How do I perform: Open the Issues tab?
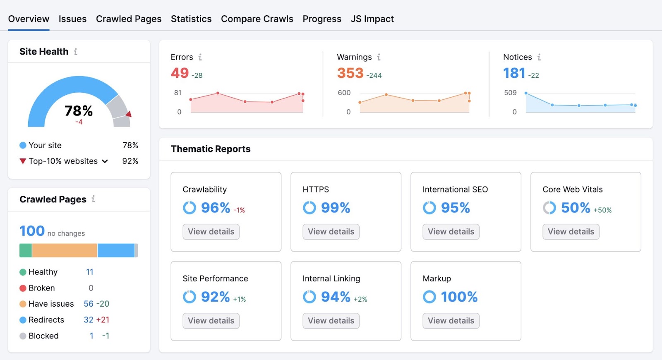72,19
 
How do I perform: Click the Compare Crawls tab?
257,19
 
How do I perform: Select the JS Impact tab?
372,19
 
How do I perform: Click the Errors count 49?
180,73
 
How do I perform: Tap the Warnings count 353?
350,73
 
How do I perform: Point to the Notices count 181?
514,73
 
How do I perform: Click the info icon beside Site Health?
76,52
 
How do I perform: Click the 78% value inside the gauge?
79,111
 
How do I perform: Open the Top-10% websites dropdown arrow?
105,161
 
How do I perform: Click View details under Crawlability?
211,232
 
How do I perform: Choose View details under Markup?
451,321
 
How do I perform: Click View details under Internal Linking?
331,321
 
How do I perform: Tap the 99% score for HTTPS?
336,208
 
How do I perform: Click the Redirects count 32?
89,320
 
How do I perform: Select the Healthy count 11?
90,272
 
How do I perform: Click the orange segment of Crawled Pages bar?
65,250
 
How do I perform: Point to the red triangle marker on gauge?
129,114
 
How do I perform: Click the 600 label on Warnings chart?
344,93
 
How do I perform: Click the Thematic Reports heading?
211,149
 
